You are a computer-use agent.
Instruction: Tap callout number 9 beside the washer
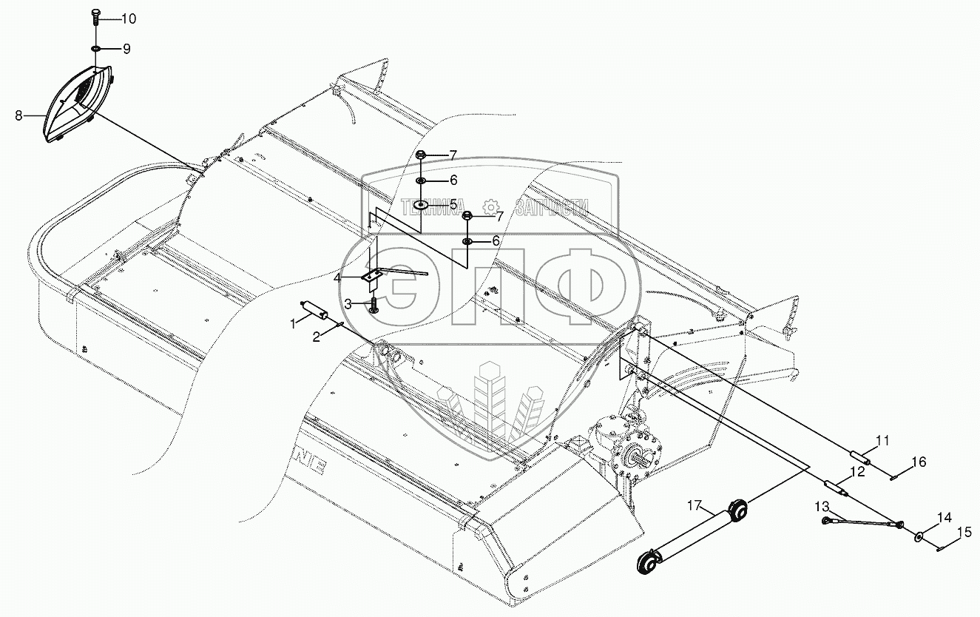click(126, 50)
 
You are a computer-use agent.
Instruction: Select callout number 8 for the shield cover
click(18, 115)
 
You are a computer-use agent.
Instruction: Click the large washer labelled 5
click(421, 203)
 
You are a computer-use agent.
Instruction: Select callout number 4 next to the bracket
click(337, 278)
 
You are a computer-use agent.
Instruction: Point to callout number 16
click(917, 463)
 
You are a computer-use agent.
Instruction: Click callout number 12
click(856, 471)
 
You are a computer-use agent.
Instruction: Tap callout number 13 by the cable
click(823, 506)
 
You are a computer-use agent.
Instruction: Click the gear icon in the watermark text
click(489, 207)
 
